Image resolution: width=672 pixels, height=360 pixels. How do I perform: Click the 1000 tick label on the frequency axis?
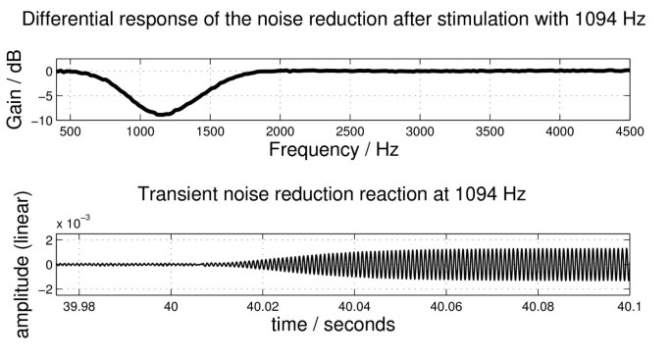(x=140, y=131)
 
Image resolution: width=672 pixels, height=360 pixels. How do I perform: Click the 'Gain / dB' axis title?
(x=15, y=89)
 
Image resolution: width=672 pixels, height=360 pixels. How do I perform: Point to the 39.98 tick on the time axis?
(x=78, y=306)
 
